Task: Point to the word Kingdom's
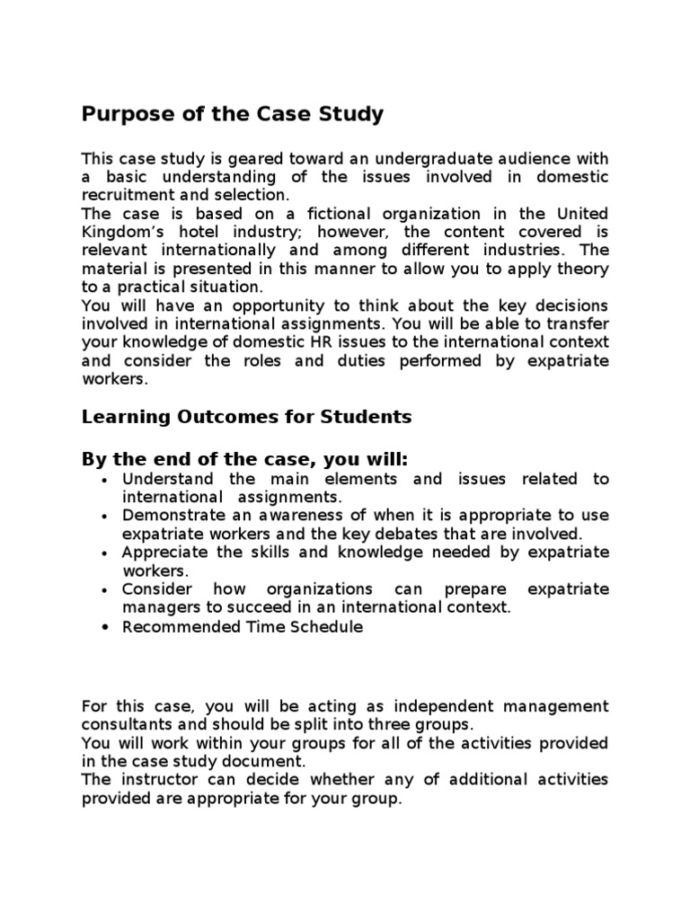(x=119, y=232)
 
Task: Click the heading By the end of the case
(x=244, y=460)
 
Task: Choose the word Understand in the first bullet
(x=166, y=479)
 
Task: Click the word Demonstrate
(x=171, y=516)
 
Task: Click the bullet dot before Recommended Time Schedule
(x=106, y=628)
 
